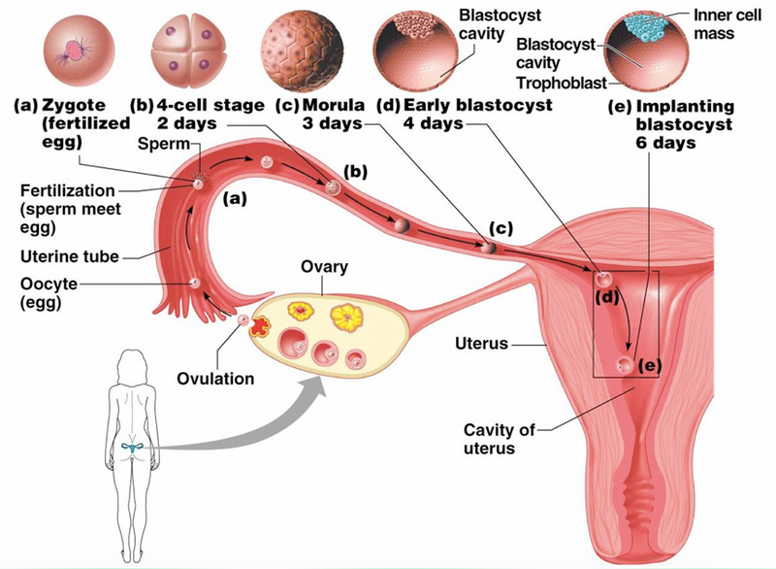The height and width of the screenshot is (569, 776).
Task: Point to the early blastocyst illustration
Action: [x=424, y=49]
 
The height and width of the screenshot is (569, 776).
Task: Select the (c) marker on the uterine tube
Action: [x=501, y=230]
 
